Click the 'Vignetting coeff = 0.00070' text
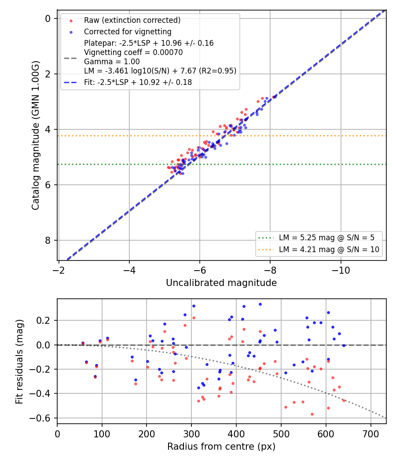point(133,52)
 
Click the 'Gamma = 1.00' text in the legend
point(112,62)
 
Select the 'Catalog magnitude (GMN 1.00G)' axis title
point(36,135)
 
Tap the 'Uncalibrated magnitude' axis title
point(221,283)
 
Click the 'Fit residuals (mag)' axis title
point(19,362)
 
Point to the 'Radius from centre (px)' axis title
point(221,447)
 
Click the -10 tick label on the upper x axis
point(341,270)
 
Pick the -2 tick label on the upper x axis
point(59,270)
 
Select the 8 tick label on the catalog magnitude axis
point(48,240)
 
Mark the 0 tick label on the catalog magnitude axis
point(48,18)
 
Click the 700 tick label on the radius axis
point(370,434)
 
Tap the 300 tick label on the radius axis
point(191,434)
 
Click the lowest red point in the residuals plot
point(312,414)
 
